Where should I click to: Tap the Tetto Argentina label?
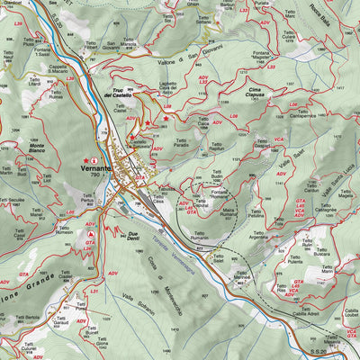259,233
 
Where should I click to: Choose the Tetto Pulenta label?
295,258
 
